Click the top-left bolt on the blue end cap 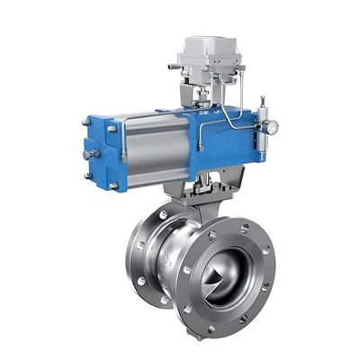(x=110, y=130)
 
